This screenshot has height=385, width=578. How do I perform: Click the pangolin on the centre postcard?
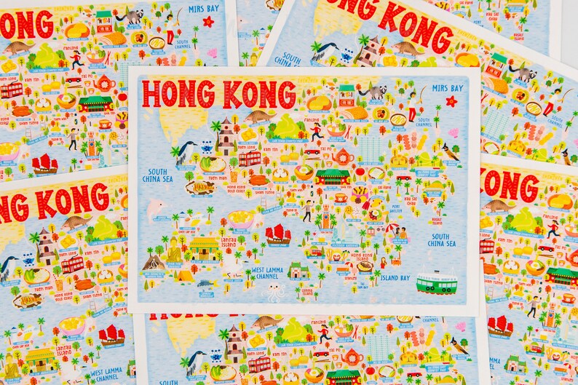coord(260,116)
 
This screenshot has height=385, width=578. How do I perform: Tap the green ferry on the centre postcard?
coord(436,282)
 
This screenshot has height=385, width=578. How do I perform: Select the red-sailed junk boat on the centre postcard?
coord(278,234)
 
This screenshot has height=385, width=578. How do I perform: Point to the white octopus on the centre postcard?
coord(274,292)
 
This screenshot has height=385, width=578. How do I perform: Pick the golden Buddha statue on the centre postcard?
coord(174,251)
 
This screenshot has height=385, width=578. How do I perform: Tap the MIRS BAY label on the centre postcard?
coord(448,87)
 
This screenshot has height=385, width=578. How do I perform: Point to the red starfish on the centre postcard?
coord(451,101)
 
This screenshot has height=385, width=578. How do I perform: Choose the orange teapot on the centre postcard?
coord(342,156)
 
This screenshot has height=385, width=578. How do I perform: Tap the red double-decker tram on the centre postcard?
coord(249,158)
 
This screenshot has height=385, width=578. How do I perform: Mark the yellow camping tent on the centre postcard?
coord(186,275)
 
